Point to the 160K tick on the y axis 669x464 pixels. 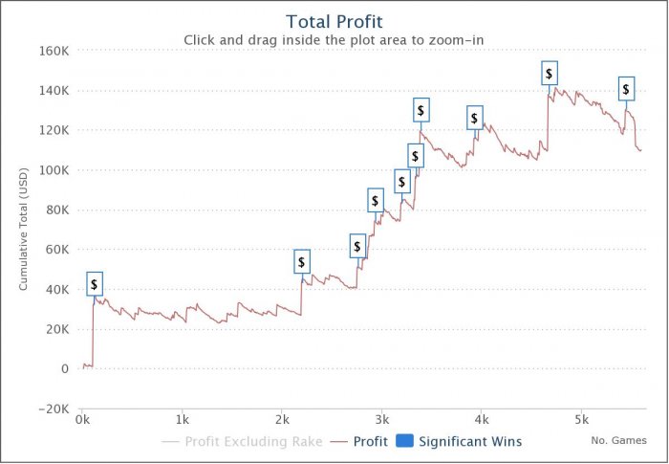pos(53,51)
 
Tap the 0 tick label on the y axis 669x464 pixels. pos(63,368)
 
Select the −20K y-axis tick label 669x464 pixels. pos(52,409)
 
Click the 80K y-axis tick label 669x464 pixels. pos(55,210)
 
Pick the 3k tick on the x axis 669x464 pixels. pos(381,419)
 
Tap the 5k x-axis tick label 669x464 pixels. pos(581,419)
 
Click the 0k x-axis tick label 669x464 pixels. pos(82,419)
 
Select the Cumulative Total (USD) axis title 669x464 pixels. pos(24,230)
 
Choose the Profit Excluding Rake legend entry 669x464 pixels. pos(242,442)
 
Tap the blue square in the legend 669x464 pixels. pos(404,442)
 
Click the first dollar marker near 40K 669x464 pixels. pos(94,284)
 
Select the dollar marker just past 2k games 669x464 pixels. pos(302,261)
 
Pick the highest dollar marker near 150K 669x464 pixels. pos(549,74)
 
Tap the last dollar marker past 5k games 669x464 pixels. pos(626,89)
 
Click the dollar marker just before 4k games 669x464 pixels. pos(474,119)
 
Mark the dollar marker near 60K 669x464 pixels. pos(357,247)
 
